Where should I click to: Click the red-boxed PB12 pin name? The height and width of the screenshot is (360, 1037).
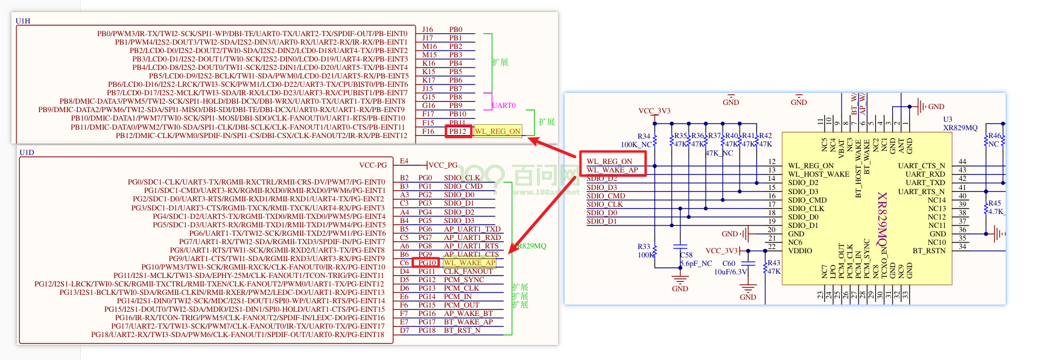458,131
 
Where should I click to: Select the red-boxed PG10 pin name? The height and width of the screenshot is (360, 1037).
427,263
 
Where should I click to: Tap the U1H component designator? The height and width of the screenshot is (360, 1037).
23,21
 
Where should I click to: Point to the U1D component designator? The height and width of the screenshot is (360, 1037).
27,153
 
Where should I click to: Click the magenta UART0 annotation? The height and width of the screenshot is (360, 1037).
504,106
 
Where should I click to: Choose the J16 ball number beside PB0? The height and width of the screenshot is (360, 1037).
427,30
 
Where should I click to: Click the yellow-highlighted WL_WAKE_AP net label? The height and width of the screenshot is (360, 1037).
469,263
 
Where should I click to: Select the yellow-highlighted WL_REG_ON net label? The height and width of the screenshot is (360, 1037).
497,131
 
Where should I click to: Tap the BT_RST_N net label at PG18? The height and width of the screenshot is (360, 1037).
462,330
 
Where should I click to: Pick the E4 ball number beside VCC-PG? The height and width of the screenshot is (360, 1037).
404,161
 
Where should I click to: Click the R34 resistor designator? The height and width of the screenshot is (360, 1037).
644,136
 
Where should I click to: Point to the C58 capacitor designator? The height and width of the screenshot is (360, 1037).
686,255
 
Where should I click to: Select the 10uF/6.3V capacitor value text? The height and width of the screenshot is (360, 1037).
730,272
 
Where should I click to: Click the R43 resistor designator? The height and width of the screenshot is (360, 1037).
773,263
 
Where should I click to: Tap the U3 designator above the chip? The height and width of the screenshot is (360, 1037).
948,119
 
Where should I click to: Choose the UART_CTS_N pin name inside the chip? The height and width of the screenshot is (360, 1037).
921,166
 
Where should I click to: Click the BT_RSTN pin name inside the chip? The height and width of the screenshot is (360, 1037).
928,251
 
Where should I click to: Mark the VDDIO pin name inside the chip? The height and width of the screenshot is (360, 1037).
800,251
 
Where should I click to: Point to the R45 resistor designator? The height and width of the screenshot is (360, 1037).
994,203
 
